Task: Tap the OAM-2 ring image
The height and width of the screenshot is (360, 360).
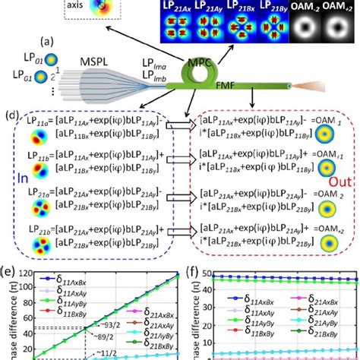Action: point(301,30)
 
